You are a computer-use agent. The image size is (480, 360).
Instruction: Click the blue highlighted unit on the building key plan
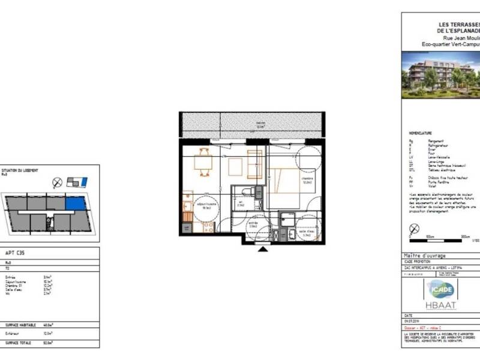pos(75,205)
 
